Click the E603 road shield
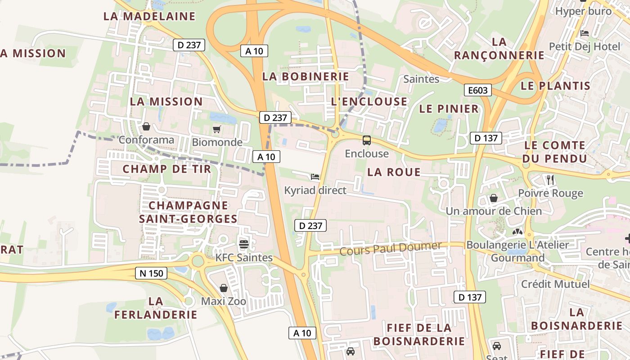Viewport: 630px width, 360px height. tap(478, 90)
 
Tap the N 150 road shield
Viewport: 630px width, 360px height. tap(151, 273)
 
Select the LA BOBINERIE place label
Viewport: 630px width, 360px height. tap(306, 76)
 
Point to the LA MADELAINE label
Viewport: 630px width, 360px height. tap(149, 16)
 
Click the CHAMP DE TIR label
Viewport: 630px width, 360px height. tap(167, 169)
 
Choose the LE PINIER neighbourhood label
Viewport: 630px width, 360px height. tap(449, 109)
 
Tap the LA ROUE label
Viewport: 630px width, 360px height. tap(394, 172)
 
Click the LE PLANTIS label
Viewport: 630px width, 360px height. tap(555, 86)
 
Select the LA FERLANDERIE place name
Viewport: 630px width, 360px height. tap(156, 308)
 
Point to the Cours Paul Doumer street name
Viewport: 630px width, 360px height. tap(391, 248)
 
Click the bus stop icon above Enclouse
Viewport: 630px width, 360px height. tap(367, 140)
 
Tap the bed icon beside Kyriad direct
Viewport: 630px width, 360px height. tap(315, 177)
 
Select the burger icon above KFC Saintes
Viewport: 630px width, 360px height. tap(244, 244)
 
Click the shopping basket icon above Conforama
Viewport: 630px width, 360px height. tap(146, 126)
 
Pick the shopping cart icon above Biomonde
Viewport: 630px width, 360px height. tap(217, 130)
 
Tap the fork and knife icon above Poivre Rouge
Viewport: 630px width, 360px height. tap(550, 180)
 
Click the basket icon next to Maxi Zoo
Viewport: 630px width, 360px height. tap(224, 288)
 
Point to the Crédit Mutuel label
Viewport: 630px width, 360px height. tap(555, 284)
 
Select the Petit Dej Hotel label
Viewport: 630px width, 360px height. tap(578, 46)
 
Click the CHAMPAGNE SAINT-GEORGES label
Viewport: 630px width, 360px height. tap(188, 212)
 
